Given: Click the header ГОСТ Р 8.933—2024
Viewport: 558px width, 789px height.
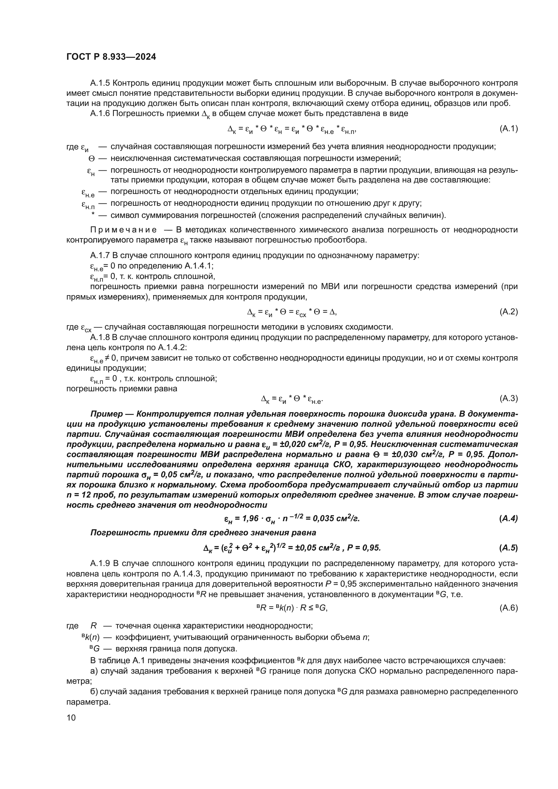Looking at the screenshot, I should tap(111, 57).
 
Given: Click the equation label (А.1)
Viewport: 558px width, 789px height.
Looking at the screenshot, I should tap(508, 129).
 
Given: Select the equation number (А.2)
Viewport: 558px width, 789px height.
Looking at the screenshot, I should tap(508, 312).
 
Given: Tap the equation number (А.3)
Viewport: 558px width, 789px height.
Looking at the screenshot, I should tap(508, 398).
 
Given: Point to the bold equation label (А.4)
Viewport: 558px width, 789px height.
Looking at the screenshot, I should tap(508, 518).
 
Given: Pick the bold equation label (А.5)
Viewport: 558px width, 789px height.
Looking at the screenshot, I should tap(508, 548).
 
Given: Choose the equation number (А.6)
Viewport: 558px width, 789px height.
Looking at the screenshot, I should tap(508, 608).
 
